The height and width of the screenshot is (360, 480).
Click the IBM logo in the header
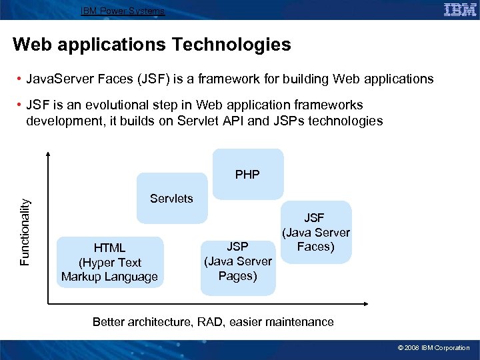click(460, 9)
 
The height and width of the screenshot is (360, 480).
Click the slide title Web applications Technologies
click(152, 45)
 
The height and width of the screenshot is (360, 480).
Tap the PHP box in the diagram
click(247, 175)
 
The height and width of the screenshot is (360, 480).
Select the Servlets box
click(171, 199)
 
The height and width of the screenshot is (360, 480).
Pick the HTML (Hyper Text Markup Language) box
click(109, 262)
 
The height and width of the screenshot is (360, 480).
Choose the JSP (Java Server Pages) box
click(238, 261)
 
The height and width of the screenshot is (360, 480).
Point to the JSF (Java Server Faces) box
click(316, 232)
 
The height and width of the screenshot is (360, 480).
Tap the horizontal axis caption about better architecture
click(213, 322)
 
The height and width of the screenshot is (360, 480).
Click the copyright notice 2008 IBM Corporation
click(434, 348)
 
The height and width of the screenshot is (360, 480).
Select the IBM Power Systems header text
click(122, 11)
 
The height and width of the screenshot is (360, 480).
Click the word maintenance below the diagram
click(299, 322)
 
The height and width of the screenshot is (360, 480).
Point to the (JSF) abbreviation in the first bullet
click(157, 79)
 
